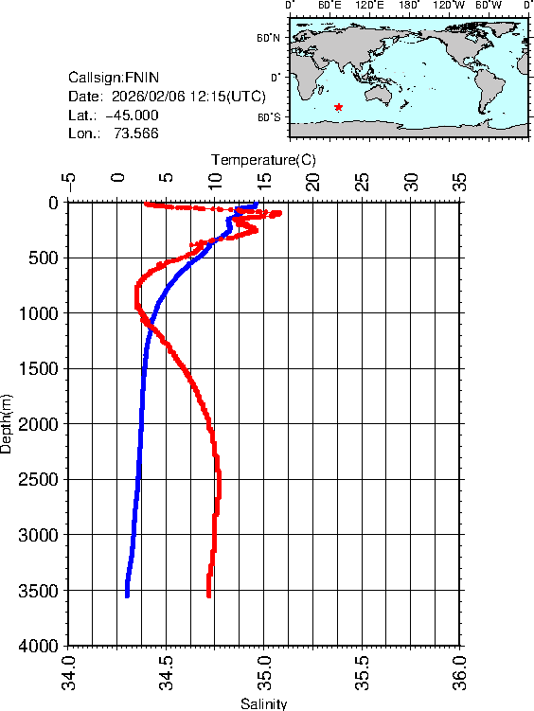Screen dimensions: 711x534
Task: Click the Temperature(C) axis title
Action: pos(263,160)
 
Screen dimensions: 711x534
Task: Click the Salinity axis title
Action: pos(263,703)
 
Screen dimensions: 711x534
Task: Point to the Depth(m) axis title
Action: pos(8,422)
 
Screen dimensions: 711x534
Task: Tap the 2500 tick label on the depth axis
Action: pos(40,480)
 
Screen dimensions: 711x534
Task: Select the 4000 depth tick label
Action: pos(40,646)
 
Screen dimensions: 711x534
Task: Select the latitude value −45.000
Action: pos(132,116)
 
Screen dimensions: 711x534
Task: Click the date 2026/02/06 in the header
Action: pos(149,97)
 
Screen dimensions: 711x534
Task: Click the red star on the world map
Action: pos(339,108)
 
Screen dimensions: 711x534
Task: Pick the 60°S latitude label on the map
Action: pos(270,117)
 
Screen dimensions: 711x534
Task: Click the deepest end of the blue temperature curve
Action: pos(127,595)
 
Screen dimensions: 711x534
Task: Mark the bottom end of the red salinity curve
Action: pos(208,595)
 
